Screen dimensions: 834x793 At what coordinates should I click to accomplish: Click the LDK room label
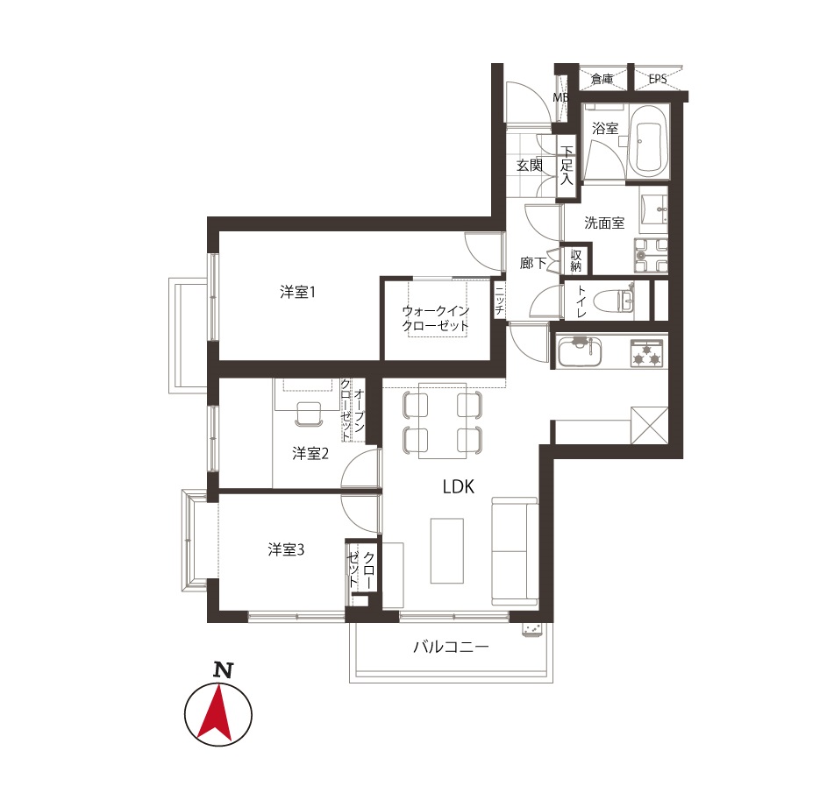(x=458, y=487)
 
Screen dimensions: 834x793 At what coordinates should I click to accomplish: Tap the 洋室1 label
(x=298, y=292)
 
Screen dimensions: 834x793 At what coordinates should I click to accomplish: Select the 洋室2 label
(x=310, y=453)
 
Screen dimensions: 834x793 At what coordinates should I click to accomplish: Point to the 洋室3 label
(x=286, y=549)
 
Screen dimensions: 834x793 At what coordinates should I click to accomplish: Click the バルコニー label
(x=451, y=647)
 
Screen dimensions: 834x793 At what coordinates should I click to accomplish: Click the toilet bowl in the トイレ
(x=617, y=301)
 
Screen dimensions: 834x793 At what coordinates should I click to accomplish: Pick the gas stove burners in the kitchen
(x=648, y=353)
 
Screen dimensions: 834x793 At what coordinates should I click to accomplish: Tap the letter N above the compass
(x=224, y=669)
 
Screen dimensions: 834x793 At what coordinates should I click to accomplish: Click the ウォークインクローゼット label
(x=436, y=318)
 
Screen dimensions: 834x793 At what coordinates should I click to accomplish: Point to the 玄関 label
(x=530, y=166)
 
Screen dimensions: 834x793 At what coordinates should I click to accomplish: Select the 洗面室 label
(x=604, y=223)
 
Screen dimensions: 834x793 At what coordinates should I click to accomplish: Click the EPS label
(x=658, y=79)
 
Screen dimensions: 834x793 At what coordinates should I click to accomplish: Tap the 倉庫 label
(x=602, y=79)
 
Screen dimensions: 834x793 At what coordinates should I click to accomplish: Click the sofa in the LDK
(x=515, y=551)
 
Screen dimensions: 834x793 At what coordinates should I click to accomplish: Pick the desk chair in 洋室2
(x=309, y=414)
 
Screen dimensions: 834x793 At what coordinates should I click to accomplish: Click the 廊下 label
(x=533, y=263)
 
